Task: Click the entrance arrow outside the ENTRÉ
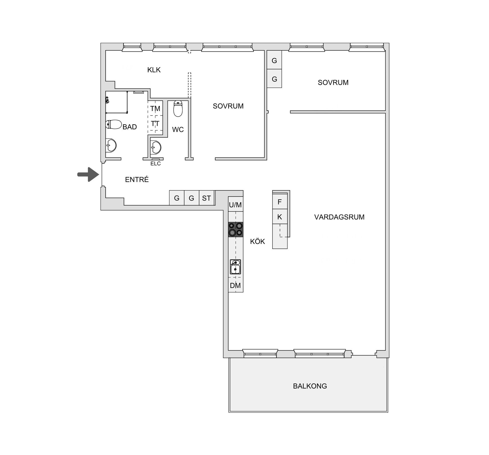click(88, 174)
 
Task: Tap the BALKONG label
click(310, 386)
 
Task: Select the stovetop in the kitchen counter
click(236, 229)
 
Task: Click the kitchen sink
click(236, 267)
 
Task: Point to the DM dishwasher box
click(236, 285)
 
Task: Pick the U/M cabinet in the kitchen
click(236, 204)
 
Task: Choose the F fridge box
click(280, 202)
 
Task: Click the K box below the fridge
click(280, 217)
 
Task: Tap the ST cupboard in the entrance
click(207, 198)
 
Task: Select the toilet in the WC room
click(178, 108)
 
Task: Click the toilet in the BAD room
click(114, 125)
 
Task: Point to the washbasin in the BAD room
click(111, 146)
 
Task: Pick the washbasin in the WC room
click(156, 147)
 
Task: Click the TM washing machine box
click(155, 108)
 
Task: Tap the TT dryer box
click(155, 123)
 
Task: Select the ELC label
click(156, 163)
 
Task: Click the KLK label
click(154, 70)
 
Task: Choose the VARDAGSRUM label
click(339, 217)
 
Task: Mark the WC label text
click(178, 130)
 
